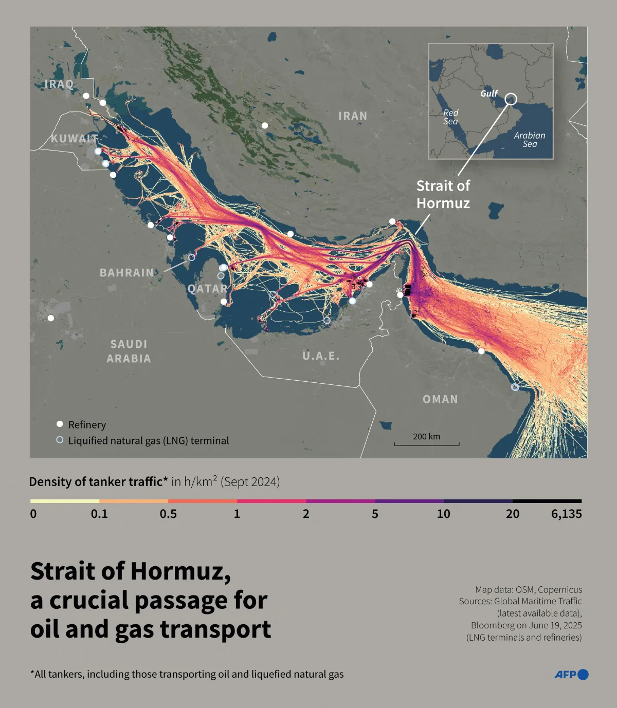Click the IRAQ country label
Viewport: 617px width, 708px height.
pos(59,84)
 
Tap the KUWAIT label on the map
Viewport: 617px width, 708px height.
pos(74,138)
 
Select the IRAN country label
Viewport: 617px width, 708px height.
pos(353,116)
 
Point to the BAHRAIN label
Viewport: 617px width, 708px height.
pos(126,273)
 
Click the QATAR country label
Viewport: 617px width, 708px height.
pos(207,289)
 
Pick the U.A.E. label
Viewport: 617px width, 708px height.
pos(321,356)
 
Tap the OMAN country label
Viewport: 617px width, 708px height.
pos(440,399)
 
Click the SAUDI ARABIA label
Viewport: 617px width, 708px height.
pos(129,351)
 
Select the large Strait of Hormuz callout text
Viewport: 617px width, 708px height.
pos(443,194)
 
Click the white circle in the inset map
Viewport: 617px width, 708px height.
pos(511,99)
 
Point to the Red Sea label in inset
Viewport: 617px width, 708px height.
pos(450,117)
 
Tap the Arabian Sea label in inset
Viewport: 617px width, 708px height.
pos(530,140)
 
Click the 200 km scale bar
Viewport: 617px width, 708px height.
pos(427,443)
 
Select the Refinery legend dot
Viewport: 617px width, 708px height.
pos(60,424)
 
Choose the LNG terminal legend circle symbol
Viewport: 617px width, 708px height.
pos(60,440)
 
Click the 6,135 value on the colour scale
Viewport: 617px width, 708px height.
pos(566,514)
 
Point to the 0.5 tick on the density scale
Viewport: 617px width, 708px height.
pos(168,514)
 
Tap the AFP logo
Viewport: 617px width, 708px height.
pos(571,675)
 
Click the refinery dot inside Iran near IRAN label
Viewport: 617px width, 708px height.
pos(265,125)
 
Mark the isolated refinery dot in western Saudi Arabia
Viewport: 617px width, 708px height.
pos(50,318)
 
